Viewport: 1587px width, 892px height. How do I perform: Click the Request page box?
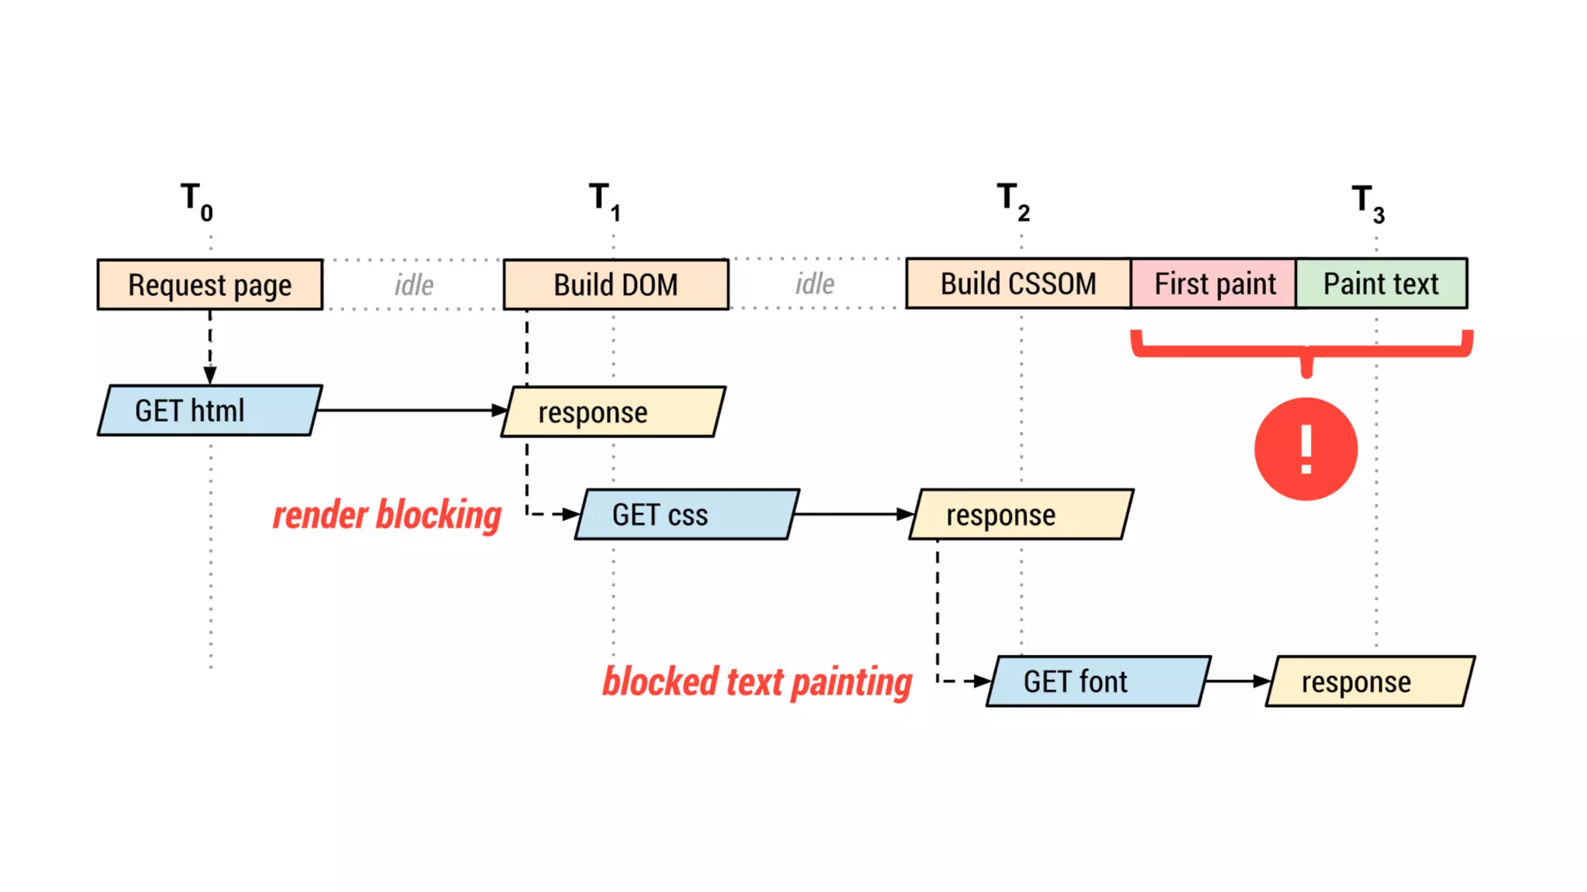tap(209, 285)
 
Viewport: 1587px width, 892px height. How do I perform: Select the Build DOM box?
tap(615, 285)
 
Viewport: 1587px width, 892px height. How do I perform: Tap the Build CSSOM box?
tap(1017, 284)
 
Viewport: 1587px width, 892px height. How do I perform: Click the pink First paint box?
tap(1213, 284)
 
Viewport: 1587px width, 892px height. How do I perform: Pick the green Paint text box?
tap(1381, 284)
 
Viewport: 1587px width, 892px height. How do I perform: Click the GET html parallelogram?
tap(209, 410)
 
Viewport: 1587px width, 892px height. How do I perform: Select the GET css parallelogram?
tap(687, 514)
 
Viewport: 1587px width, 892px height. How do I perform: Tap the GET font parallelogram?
tap(1098, 681)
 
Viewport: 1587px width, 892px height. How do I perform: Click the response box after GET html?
tap(612, 412)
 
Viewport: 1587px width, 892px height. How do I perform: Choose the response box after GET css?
tap(1021, 514)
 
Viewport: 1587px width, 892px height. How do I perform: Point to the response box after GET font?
tap(1369, 681)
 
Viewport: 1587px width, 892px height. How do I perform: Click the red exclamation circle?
tap(1306, 449)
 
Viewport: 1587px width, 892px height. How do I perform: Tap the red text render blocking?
tap(387, 516)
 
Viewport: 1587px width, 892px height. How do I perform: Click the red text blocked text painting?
tap(757, 682)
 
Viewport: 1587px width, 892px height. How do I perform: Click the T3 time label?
tap(1368, 203)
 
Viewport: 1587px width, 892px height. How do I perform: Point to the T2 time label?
tap(1013, 201)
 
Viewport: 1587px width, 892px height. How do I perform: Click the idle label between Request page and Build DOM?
tap(414, 285)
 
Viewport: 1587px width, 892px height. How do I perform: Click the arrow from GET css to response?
tap(852, 514)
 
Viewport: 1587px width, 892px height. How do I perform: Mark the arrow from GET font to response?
tap(1238, 681)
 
